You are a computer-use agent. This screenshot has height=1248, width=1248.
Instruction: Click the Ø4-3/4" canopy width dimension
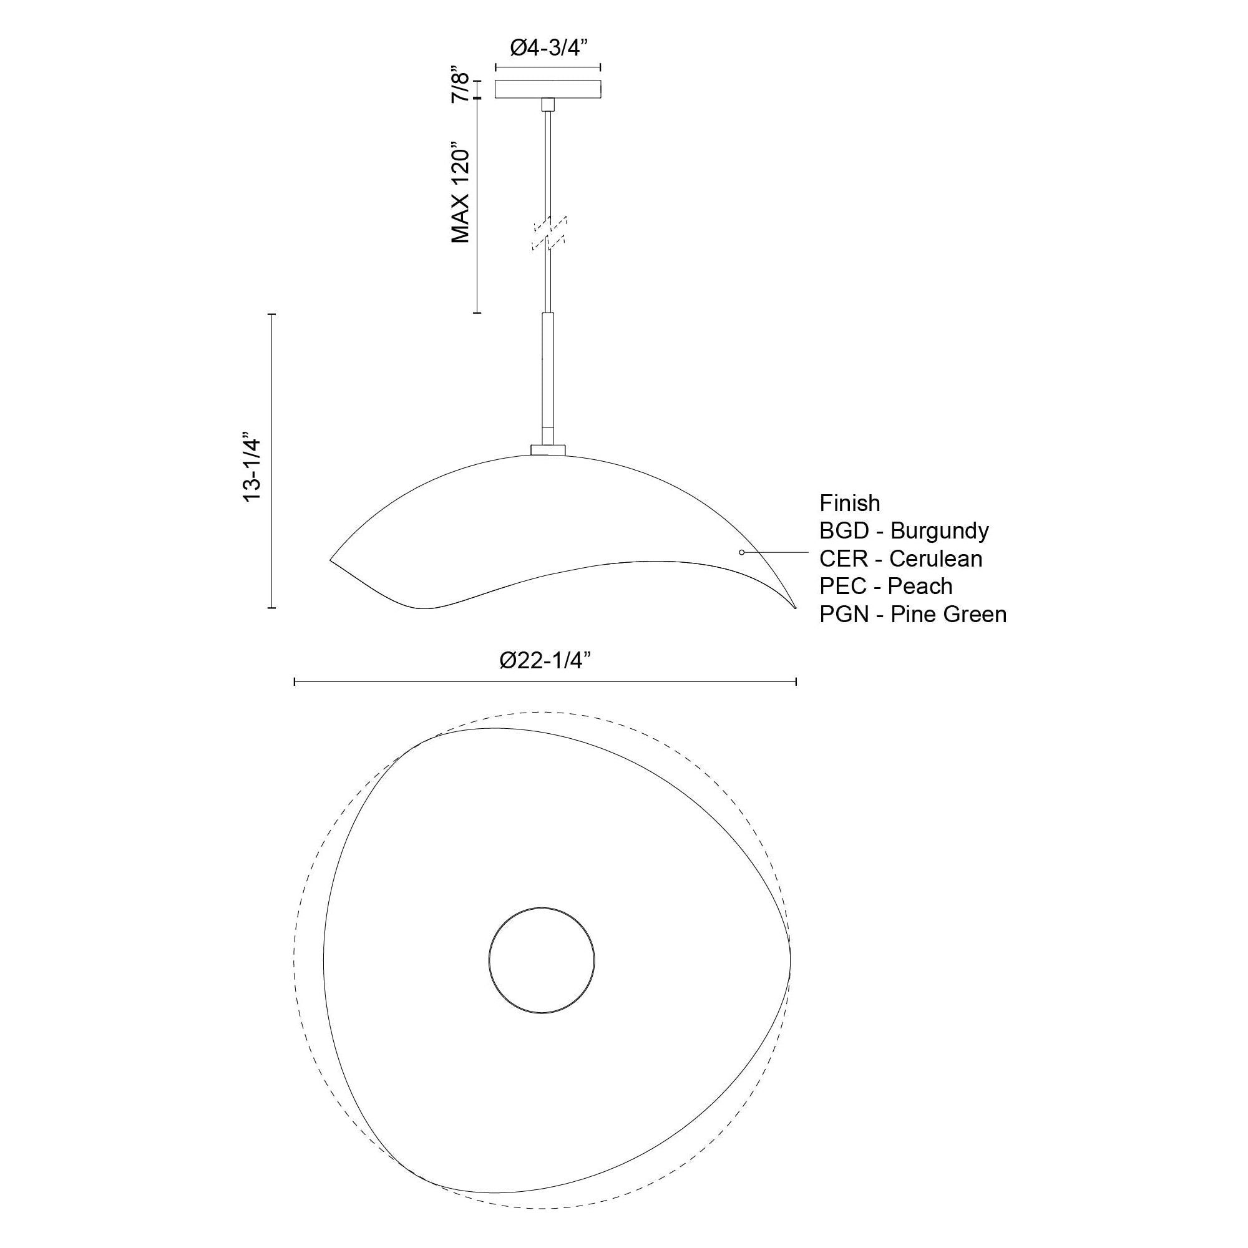[548, 49]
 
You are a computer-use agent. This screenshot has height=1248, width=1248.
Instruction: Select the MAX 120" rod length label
[461, 192]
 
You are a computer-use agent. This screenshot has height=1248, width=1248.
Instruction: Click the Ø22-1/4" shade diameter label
[546, 660]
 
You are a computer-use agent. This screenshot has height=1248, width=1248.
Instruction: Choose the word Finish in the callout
[849, 502]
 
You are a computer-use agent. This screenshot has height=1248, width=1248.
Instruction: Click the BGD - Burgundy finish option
[904, 530]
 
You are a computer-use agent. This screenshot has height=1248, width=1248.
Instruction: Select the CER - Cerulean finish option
[901, 558]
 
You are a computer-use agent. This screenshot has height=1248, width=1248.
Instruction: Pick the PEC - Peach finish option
[886, 586]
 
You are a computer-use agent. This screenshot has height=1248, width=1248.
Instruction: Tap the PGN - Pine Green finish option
[914, 613]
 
